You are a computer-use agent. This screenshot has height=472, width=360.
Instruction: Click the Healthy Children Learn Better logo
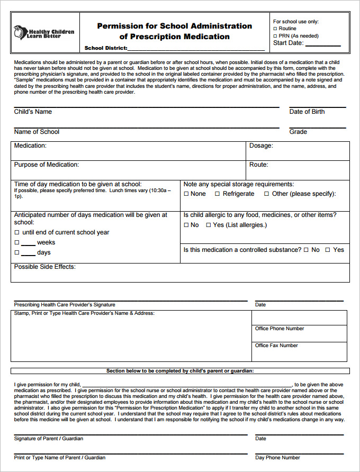coord(43,32)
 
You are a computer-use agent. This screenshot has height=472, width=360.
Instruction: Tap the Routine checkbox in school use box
coord(275,29)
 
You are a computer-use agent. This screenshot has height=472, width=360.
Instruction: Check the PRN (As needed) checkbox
coord(275,36)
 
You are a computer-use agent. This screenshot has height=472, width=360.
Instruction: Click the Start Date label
coord(288,43)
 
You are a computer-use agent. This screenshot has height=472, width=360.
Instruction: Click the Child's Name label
coord(33,112)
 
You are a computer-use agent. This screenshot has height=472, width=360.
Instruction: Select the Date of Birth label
coord(307,112)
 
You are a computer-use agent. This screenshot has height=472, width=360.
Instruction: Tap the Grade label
coord(298,132)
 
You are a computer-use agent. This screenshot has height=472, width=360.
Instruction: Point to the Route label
coord(259,165)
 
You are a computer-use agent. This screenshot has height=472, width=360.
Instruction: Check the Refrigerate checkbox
coord(217,194)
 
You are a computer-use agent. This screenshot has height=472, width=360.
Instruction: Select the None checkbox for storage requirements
coord(186,194)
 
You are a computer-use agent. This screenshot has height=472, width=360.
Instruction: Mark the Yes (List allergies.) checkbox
coord(208,225)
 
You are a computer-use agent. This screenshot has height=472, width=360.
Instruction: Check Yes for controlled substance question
coord(327,250)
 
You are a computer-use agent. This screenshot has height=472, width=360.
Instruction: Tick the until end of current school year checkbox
coord(17,233)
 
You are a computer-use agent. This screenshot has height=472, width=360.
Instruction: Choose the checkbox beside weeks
coord(17,243)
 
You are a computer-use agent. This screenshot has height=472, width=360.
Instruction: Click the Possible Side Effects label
coord(45,267)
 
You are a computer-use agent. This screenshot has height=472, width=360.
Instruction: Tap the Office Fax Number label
coord(276,346)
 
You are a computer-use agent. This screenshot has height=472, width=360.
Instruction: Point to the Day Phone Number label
coord(277,458)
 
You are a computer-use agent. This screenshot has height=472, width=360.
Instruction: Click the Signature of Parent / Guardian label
coord(49,439)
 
